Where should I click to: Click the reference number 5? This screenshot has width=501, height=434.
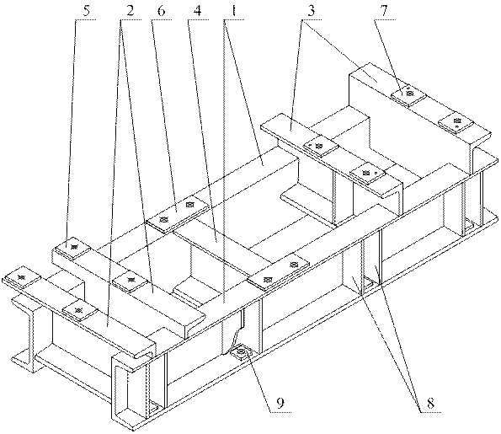tap(87, 11)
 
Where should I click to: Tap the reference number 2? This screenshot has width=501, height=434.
tap(130, 11)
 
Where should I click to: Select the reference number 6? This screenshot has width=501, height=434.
tap(162, 11)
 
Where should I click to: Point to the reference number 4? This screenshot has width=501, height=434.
tap(198, 11)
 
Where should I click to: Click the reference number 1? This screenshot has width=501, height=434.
tap(234, 11)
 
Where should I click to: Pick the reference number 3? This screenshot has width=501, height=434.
tap(312, 11)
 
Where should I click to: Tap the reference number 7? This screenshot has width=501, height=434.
tap(384, 11)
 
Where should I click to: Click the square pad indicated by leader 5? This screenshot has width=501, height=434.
tap(72, 247)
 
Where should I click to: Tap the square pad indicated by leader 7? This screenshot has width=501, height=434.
tap(408, 94)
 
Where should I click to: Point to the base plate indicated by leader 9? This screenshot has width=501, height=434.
tap(241, 353)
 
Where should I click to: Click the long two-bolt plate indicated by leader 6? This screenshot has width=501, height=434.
tap(178, 214)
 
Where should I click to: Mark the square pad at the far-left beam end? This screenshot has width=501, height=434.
tap(22, 277)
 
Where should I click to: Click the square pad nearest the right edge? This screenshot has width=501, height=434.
tap(456, 122)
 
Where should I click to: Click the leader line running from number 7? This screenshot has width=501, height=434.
tap(390, 51)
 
